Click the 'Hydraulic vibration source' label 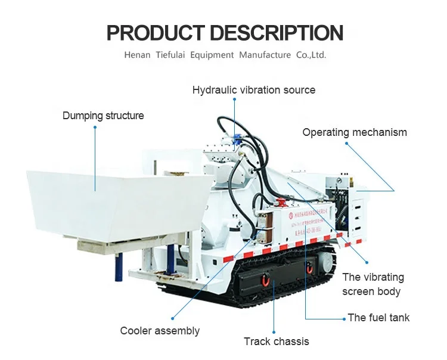[x=253, y=90]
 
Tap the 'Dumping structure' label [x=103, y=116]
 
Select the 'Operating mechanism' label [x=355, y=132]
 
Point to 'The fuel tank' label [x=378, y=318]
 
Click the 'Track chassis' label [x=276, y=342]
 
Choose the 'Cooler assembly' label [x=160, y=331]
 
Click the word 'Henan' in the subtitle [x=137, y=55]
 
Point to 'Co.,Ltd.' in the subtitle [x=311, y=55]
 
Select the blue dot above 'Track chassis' [x=274, y=331]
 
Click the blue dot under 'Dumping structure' [x=95, y=127]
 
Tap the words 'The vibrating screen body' [x=372, y=284]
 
